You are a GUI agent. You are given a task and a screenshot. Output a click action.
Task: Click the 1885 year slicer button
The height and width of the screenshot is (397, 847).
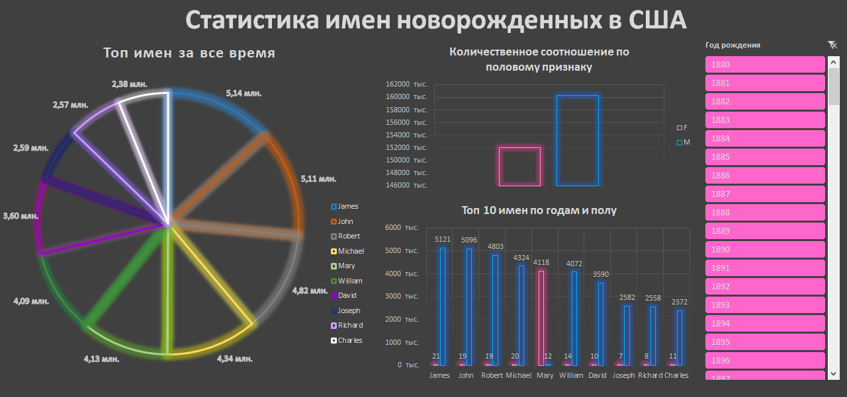[765, 157]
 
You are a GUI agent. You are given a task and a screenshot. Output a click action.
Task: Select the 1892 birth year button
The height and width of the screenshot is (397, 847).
[765, 287]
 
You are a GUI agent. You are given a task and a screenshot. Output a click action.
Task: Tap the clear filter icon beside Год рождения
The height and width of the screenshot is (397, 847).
[832, 45]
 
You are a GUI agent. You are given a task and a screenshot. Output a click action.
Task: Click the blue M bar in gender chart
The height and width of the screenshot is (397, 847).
[578, 141]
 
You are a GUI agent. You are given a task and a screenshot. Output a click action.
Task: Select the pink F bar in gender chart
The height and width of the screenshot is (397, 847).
[519, 166]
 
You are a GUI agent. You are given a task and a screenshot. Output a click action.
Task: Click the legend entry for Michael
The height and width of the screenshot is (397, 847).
[351, 251]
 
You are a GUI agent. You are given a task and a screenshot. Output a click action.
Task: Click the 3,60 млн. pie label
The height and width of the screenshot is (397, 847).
[21, 216]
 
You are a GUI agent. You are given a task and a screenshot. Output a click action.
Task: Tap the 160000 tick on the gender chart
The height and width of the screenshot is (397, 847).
[410, 97]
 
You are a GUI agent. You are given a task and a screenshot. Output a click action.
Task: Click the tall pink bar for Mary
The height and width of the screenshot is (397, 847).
[542, 317]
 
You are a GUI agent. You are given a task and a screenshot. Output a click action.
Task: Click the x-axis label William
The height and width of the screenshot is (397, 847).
[571, 375]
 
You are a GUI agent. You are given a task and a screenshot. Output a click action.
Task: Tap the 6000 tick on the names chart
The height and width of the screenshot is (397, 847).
[403, 228]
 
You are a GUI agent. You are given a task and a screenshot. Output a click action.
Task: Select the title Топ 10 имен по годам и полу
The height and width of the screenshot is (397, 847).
[539, 211]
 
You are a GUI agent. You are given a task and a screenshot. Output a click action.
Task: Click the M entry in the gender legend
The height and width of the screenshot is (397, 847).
[686, 142]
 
